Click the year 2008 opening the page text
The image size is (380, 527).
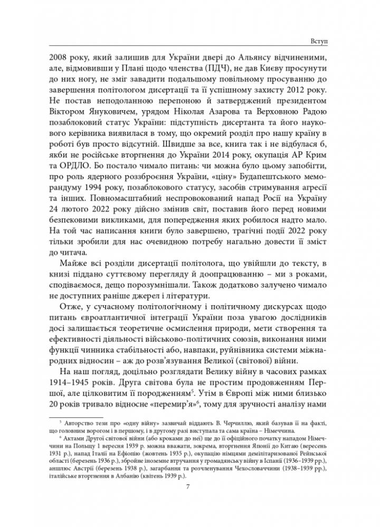coord(58,56)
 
